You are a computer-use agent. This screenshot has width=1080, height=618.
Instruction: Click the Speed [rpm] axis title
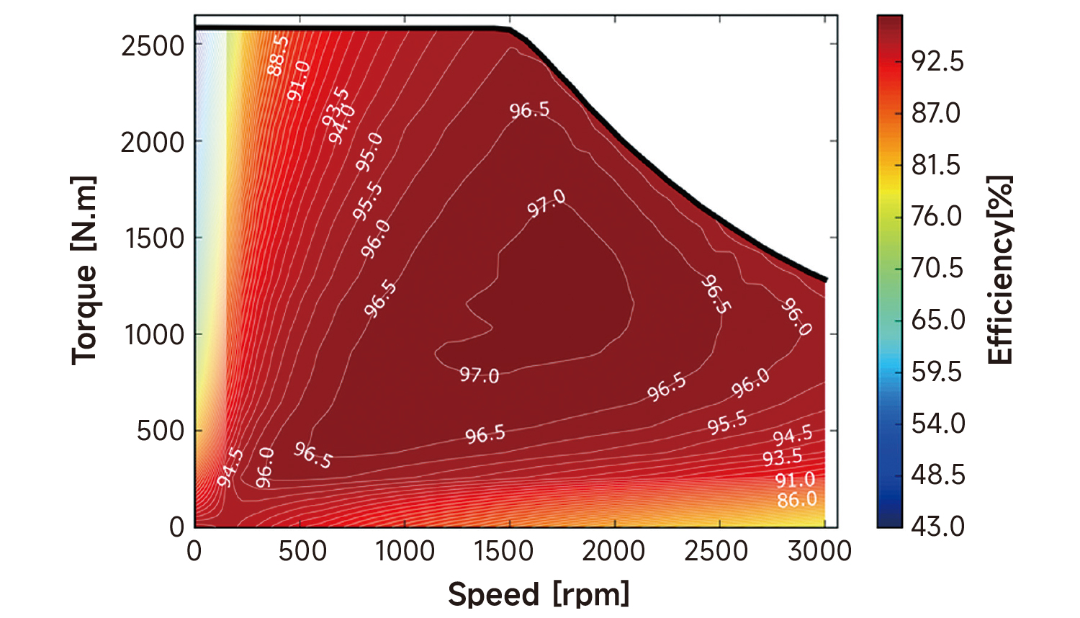pyautogui.click(x=539, y=594)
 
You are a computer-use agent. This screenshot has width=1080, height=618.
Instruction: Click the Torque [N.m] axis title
pyautogui.click(x=84, y=270)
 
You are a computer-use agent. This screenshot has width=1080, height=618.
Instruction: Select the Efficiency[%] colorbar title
pyautogui.click(x=1000, y=270)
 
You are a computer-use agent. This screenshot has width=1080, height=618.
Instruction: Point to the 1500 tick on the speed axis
pyautogui.click(x=504, y=551)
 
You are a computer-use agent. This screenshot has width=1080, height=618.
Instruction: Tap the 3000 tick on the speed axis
pyautogui.click(x=820, y=551)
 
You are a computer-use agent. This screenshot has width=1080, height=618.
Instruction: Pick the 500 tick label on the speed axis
pyautogui.click(x=302, y=551)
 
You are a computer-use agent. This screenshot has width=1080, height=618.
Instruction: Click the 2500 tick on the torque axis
pyautogui.click(x=153, y=46)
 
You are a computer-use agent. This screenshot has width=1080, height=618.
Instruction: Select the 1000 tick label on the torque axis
pyautogui.click(x=153, y=335)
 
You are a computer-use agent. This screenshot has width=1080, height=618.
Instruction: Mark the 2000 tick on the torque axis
pyautogui.click(x=153, y=143)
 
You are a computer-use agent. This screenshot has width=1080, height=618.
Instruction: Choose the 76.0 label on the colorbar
pyautogui.click(x=937, y=215)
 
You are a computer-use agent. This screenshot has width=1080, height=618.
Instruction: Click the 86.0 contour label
pyautogui.click(x=797, y=499)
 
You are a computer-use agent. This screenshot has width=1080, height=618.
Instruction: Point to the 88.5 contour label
pyautogui.click(x=277, y=55)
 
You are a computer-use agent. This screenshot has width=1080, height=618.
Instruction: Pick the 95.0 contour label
pyautogui.click(x=369, y=152)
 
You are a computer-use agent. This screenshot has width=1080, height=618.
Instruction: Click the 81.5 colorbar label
pyautogui.click(x=936, y=165)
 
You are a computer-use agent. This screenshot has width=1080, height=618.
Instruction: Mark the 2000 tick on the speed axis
pyautogui.click(x=613, y=551)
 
